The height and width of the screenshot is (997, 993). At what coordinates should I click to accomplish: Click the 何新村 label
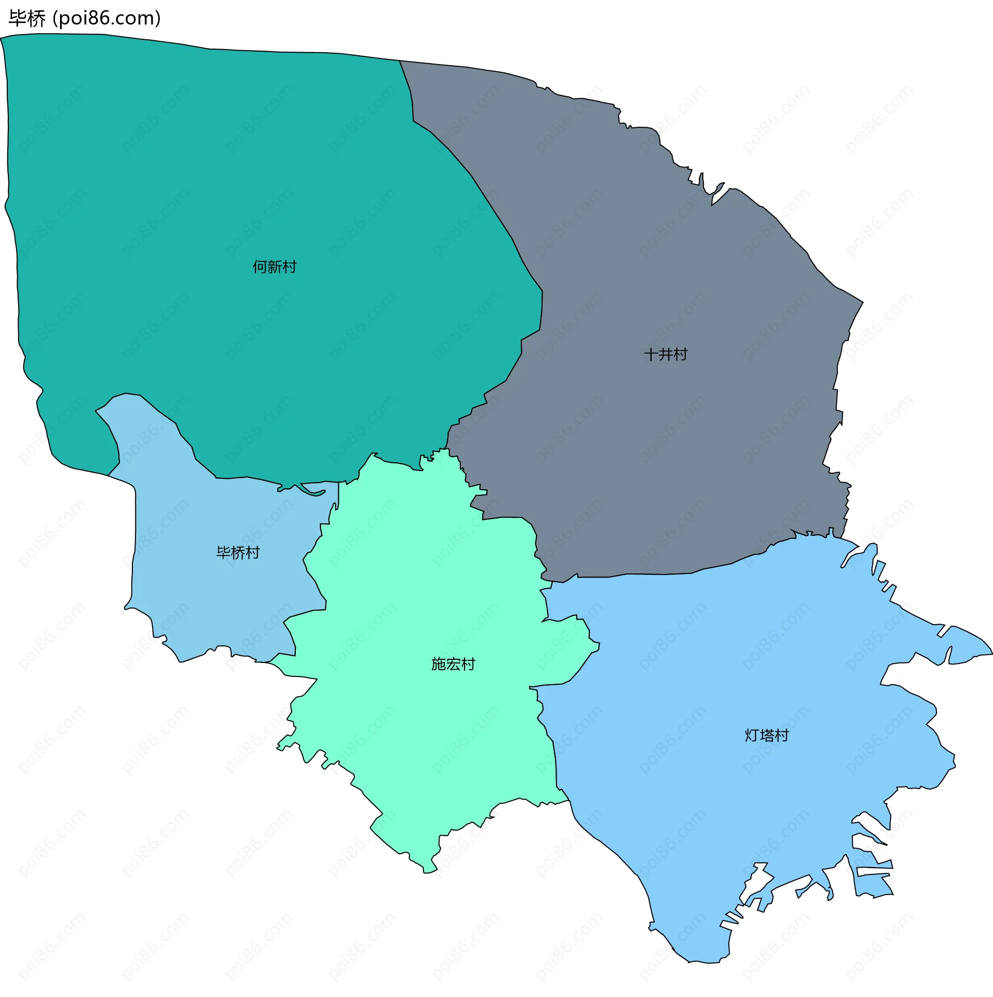click(x=274, y=267)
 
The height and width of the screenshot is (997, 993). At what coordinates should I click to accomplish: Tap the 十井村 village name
click(x=665, y=355)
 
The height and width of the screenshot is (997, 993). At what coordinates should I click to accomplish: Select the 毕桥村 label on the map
click(x=238, y=553)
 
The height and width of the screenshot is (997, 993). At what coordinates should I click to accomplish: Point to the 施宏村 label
click(x=453, y=664)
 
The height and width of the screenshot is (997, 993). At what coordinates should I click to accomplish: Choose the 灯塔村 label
click(x=766, y=735)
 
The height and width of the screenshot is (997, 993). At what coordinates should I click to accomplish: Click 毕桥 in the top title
click(x=27, y=19)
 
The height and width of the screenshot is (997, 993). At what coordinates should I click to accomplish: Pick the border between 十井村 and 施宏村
click(x=517, y=517)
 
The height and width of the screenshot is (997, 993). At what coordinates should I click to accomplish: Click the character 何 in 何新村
click(x=260, y=267)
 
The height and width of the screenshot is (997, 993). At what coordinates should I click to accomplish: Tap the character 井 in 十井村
click(x=666, y=355)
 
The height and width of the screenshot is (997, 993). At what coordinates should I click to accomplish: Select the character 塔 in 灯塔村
click(x=767, y=735)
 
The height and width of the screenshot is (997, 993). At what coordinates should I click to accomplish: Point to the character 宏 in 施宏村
click(x=454, y=664)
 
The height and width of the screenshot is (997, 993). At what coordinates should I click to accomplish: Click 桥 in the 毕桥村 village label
click(x=238, y=553)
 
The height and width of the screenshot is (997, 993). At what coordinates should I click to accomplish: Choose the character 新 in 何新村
click(x=275, y=267)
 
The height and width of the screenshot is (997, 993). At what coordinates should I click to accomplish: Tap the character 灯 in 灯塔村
click(x=752, y=735)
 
